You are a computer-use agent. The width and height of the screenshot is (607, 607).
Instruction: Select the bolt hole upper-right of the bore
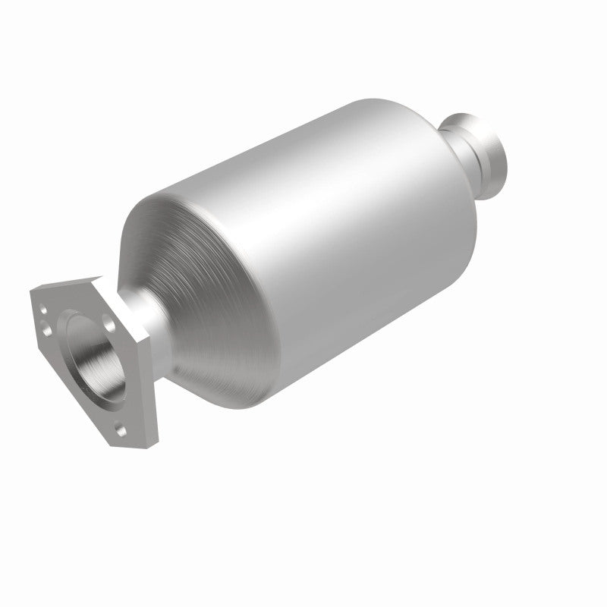(111, 323)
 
